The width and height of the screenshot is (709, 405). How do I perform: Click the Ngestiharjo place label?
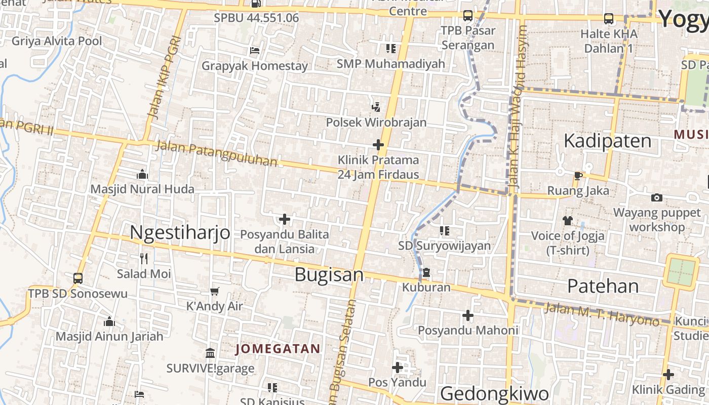pos(180,233)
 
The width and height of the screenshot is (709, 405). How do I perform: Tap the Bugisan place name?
pos(329,275)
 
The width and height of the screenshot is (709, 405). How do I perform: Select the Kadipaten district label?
pos(608,141)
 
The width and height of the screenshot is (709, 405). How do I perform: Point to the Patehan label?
pos(603,287)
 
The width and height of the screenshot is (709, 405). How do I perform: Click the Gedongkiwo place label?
pos(494,393)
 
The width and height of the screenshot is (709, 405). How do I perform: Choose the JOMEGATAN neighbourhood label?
pos(278,349)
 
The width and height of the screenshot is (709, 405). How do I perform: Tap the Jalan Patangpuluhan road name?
pos(217,153)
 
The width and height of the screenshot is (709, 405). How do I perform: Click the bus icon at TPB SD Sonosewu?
pos(78,278)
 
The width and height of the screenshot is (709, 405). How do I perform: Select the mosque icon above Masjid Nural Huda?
pos(142,175)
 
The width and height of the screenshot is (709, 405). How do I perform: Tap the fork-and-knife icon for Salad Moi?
pos(144,259)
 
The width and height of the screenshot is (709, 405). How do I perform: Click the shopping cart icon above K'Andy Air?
pos(215,291)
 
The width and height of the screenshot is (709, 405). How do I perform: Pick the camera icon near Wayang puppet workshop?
pos(656,197)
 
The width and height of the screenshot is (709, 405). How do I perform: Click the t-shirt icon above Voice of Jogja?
pos(567,220)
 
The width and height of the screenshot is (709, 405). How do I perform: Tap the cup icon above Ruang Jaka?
pos(578,176)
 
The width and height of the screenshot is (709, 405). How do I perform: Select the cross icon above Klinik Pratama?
pos(378,145)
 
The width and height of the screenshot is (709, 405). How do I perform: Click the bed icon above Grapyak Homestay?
pos(255,50)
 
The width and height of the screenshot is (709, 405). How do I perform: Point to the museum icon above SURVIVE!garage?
pos(210,352)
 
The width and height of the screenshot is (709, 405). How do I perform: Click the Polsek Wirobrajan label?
pos(376,123)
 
